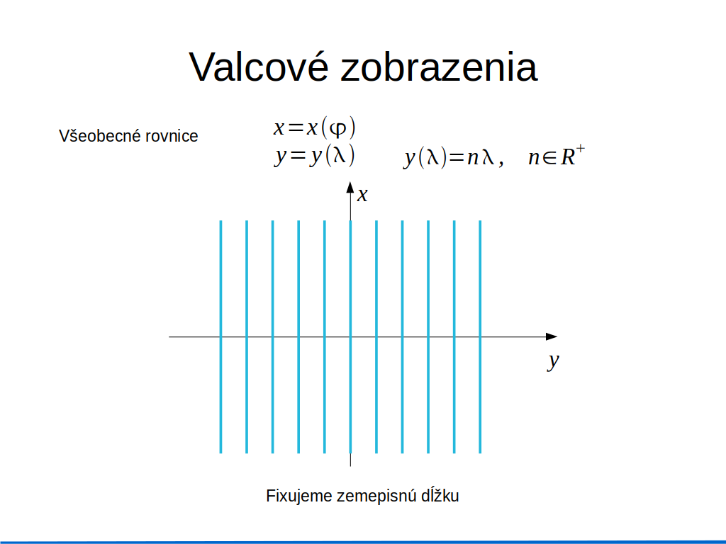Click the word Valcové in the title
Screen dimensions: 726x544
(x=259, y=67)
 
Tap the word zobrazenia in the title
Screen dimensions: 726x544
(x=439, y=67)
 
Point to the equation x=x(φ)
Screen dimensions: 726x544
(x=314, y=127)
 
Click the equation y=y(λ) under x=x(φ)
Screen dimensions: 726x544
(x=314, y=155)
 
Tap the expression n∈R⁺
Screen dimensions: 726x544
(x=557, y=155)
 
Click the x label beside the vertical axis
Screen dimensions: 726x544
(x=362, y=195)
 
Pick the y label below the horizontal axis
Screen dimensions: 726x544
(x=553, y=361)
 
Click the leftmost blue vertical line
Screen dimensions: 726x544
(x=221, y=336)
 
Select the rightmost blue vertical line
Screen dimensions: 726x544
(x=480, y=336)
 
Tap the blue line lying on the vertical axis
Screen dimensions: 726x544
(x=350, y=336)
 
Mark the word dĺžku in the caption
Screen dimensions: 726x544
(x=440, y=495)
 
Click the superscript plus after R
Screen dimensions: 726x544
(x=581, y=149)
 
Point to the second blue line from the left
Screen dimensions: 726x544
(x=247, y=336)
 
